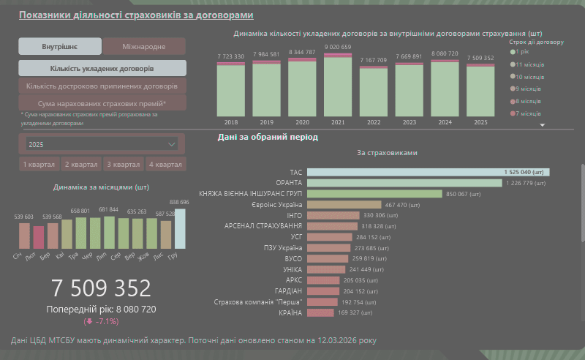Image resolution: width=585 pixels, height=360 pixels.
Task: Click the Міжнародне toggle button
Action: [x=144, y=47]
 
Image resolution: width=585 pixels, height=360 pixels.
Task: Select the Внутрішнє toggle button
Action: [x=60, y=47]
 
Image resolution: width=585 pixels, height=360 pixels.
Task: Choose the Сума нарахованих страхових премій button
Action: [x=102, y=104]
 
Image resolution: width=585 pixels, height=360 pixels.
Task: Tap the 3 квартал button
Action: [x=123, y=165]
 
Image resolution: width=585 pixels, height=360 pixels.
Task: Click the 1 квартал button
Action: [x=39, y=165]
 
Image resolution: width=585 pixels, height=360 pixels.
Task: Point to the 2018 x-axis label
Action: [x=231, y=122]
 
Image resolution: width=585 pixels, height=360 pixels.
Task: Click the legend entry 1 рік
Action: [x=522, y=52]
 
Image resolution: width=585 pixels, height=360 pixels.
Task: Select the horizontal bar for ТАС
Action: [x=428, y=172]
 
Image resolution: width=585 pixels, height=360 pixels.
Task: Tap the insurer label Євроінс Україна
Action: [x=276, y=205]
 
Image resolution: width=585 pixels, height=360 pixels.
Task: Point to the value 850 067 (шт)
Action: [x=466, y=194]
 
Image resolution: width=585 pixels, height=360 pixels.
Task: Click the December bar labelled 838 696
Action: [x=179, y=228]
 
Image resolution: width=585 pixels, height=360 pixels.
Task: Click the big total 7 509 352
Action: [x=101, y=288]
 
